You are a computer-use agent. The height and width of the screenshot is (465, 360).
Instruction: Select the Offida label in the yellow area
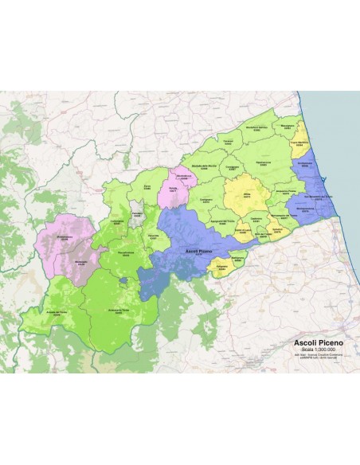click(x=246, y=194)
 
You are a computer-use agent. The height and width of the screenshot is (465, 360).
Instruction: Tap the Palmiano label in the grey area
click(x=136, y=214)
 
